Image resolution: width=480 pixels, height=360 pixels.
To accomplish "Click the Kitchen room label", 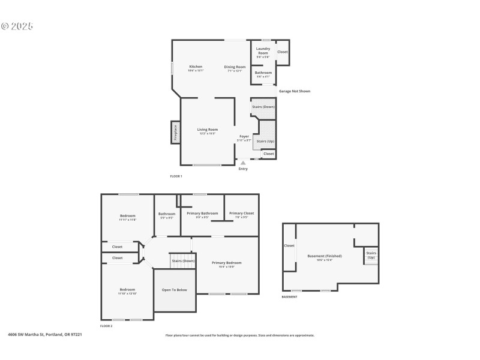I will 196,67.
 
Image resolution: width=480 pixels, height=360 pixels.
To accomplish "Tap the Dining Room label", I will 235,67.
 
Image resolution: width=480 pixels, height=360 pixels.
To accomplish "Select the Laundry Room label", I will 263,51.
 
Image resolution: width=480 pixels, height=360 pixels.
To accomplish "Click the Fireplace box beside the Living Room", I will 175,132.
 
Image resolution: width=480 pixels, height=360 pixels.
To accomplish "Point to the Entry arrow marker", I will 243,163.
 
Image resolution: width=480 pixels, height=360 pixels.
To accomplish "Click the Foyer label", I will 244,136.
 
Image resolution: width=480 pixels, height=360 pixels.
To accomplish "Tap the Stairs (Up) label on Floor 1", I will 265,142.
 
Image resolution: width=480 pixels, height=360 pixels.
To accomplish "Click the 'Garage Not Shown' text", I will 294,91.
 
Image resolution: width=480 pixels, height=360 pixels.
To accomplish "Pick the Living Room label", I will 208,129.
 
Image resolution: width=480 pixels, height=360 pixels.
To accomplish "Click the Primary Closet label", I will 241,213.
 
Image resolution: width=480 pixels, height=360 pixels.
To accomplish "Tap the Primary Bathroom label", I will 202,213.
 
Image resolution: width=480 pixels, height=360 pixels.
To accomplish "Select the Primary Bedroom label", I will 226,262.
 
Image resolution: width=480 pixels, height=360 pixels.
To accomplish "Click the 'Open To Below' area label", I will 175,290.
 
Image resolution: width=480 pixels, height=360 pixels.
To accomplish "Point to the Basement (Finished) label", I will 325,256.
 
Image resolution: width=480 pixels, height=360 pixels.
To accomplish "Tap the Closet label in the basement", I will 289,245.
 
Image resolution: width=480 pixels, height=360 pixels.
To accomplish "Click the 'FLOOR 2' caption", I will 106,326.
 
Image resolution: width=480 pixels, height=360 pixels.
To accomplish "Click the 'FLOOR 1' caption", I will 176,176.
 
